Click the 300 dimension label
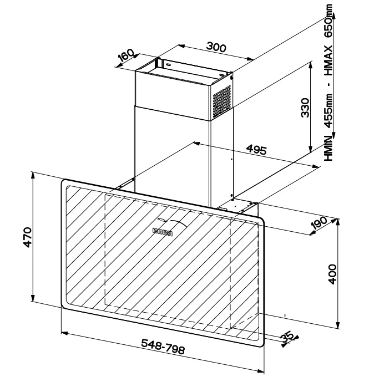coord(216,47)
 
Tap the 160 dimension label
coord(127,55)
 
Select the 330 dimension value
coord(305,108)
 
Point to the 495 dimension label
coord(256,150)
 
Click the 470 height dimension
coord(28,237)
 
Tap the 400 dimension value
coord(332,274)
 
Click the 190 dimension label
coord(319,223)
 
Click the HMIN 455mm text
coord(328,127)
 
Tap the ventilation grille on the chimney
coord(222,101)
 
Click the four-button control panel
coord(162,232)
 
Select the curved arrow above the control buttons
coord(179,223)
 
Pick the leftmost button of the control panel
coord(155,230)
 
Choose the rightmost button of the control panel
coord(170,233)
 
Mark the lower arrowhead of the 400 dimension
coord(338,325)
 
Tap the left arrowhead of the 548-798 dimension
coord(64,333)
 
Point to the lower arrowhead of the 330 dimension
coord(311,149)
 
